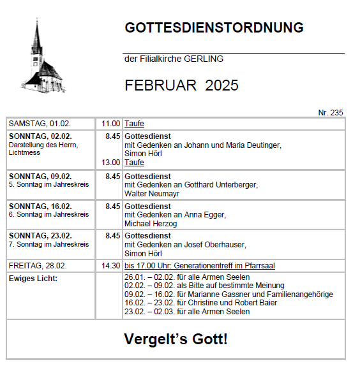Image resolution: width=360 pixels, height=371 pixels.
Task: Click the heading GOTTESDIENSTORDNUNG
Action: (x=214, y=28)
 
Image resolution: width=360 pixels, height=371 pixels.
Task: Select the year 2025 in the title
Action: (x=221, y=86)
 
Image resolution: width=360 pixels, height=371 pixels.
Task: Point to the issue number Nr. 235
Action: (x=330, y=113)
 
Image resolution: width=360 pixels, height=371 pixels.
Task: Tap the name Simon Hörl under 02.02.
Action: (x=144, y=154)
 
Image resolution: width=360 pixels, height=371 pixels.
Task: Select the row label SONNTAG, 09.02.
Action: (x=40, y=176)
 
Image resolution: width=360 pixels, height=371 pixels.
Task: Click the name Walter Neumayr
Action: (x=151, y=193)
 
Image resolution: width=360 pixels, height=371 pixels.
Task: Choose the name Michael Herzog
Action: (x=152, y=224)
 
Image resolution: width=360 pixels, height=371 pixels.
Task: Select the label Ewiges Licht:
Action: (x=33, y=278)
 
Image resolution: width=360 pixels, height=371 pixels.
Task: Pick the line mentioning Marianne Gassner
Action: (x=229, y=295)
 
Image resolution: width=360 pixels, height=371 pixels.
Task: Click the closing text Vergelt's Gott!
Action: (x=176, y=339)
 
